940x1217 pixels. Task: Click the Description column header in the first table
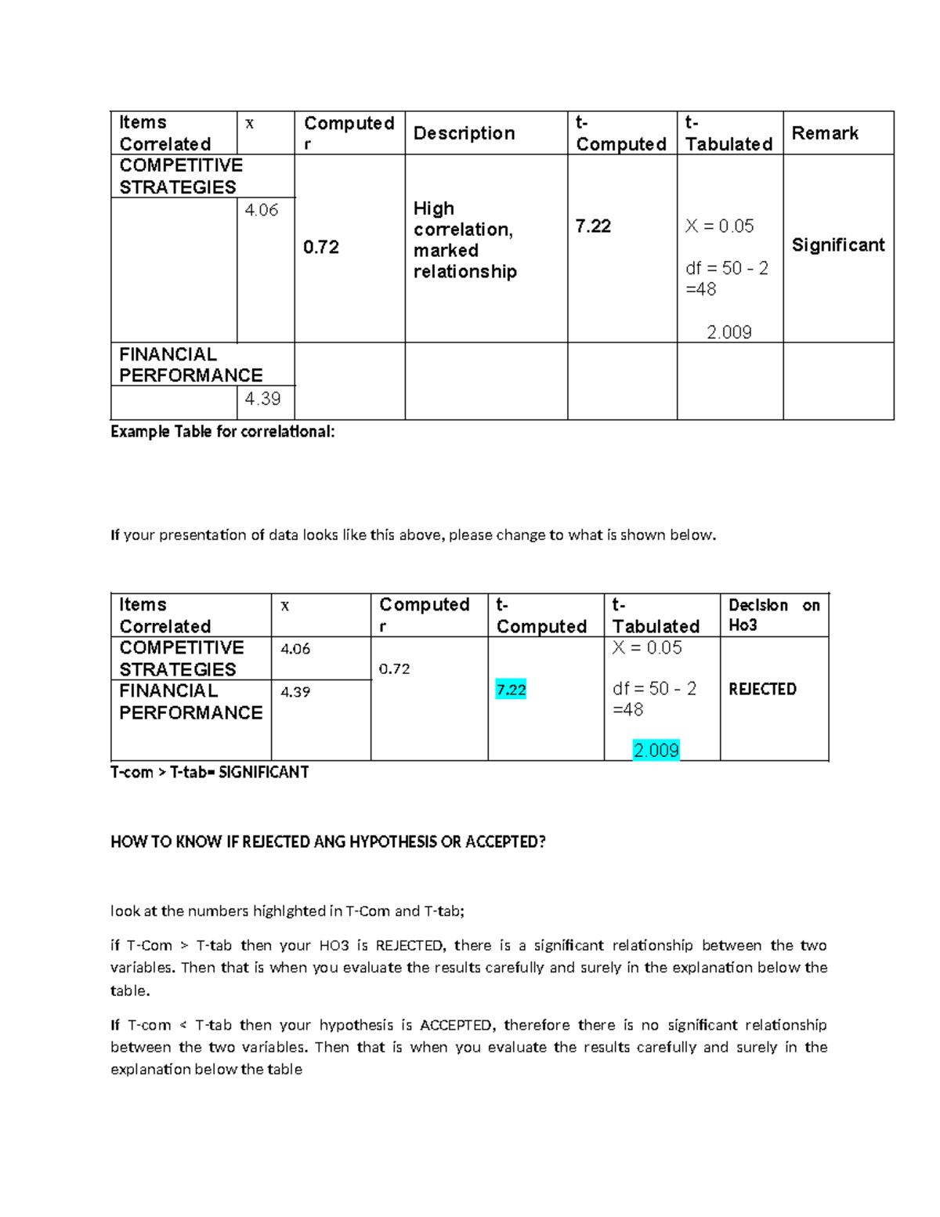click(464, 133)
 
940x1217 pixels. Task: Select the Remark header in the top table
click(824, 133)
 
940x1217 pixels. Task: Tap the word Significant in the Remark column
click(837, 245)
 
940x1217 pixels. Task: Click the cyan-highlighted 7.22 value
click(511, 690)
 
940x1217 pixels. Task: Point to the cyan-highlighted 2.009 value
click(656, 751)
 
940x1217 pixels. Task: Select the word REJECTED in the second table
click(762, 690)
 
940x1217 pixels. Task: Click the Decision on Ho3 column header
click(773, 614)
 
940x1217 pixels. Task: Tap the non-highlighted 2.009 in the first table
click(728, 332)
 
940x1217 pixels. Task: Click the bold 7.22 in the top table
click(592, 226)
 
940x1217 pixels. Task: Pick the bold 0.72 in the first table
click(320, 248)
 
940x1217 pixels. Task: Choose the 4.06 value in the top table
click(261, 210)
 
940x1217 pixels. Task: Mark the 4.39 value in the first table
click(262, 399)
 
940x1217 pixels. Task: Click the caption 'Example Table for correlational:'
click(222, 432)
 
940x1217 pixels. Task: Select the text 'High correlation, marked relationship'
click(465, 240)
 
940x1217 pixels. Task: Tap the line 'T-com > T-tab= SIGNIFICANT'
click(209, 773)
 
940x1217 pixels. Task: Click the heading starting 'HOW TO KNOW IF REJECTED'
click(327, 842)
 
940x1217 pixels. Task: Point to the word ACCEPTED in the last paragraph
click(455, 1025)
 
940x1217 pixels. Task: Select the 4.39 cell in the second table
click(295, 692)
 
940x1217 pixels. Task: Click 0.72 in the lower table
click(394, 669)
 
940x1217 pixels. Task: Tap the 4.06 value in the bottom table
click(295, 649)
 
